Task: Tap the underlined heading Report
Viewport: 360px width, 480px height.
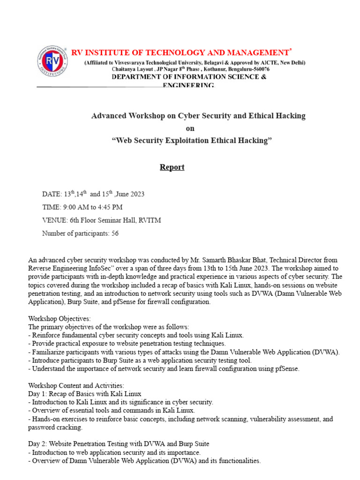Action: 172,167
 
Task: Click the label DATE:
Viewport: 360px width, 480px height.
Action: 52,194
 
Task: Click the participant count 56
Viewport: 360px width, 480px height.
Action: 115,233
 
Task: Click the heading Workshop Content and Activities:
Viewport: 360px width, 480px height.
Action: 76,385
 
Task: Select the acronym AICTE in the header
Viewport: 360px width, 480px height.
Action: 267,63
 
